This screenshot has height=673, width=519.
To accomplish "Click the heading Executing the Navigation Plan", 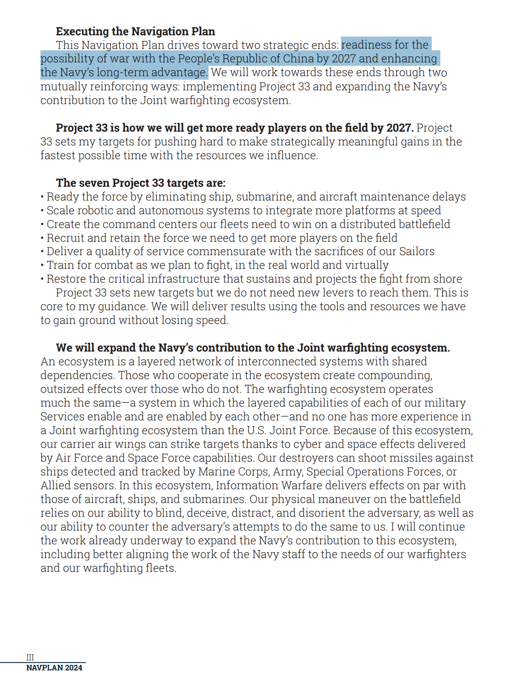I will click(x=135, y=31).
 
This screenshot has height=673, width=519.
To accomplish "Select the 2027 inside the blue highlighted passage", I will click(x=344, y=59).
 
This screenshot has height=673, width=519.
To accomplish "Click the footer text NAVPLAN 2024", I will click(x=54, y=667).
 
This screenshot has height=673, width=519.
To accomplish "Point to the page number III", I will click(x=30, y=657).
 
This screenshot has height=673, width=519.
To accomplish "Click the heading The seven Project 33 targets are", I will click(x=140, y=183).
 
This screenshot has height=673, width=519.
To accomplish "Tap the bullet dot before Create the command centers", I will click(x=42, y=225).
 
